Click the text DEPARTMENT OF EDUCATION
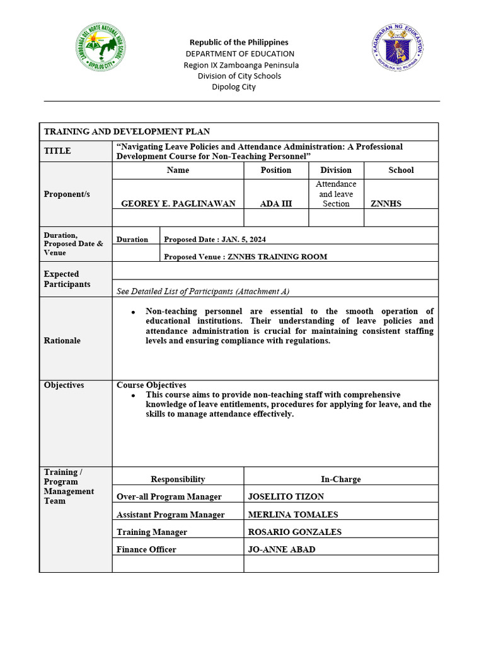[239, 54]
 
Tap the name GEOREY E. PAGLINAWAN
[178, 204]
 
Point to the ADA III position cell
[276, 204]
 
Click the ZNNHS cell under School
[386, 204]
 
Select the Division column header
[336, 170]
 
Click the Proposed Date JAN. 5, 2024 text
[219, 240]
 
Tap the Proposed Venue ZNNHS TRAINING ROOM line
[245, 257]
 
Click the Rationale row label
[62, 341]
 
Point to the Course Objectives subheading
[151, 385]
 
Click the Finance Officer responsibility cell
[146, 549]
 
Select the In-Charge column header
[341, 479]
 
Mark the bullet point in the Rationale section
[134, 312]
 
